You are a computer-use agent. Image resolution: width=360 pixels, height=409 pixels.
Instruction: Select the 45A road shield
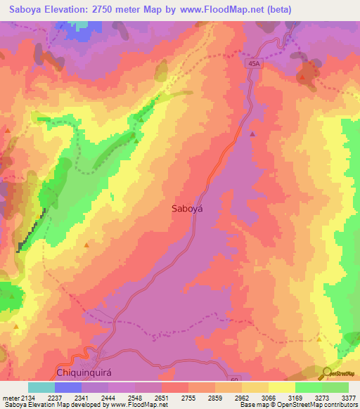[x=254, y=63]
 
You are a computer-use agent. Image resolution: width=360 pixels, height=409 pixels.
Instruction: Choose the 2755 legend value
[x=188, y=398]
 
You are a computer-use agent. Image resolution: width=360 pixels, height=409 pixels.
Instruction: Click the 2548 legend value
[x=135, y=398]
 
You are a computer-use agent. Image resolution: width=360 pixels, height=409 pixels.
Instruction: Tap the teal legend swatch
[x=41, y=387]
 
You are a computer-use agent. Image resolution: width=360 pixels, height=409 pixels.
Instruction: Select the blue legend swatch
[x=68, y=387]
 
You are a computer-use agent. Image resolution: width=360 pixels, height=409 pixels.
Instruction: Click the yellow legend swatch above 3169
[x=282, y=387]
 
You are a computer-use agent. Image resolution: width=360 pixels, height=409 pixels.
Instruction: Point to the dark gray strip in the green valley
[x=32, y=228]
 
